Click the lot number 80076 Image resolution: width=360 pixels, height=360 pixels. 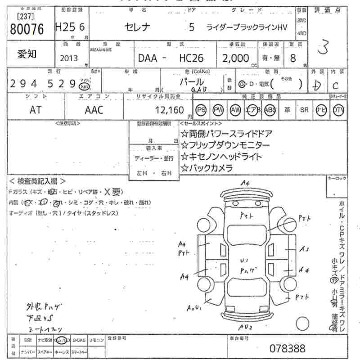tap(27, 29)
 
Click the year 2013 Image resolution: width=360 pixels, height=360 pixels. tap(68, 58)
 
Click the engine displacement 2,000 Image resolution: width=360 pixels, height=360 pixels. tap(235, 58)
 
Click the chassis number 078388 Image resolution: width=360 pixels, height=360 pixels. tap(287, 348)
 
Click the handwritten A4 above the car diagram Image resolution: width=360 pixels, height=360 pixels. tap(245, 183)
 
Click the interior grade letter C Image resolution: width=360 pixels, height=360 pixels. tap(336, 85)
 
